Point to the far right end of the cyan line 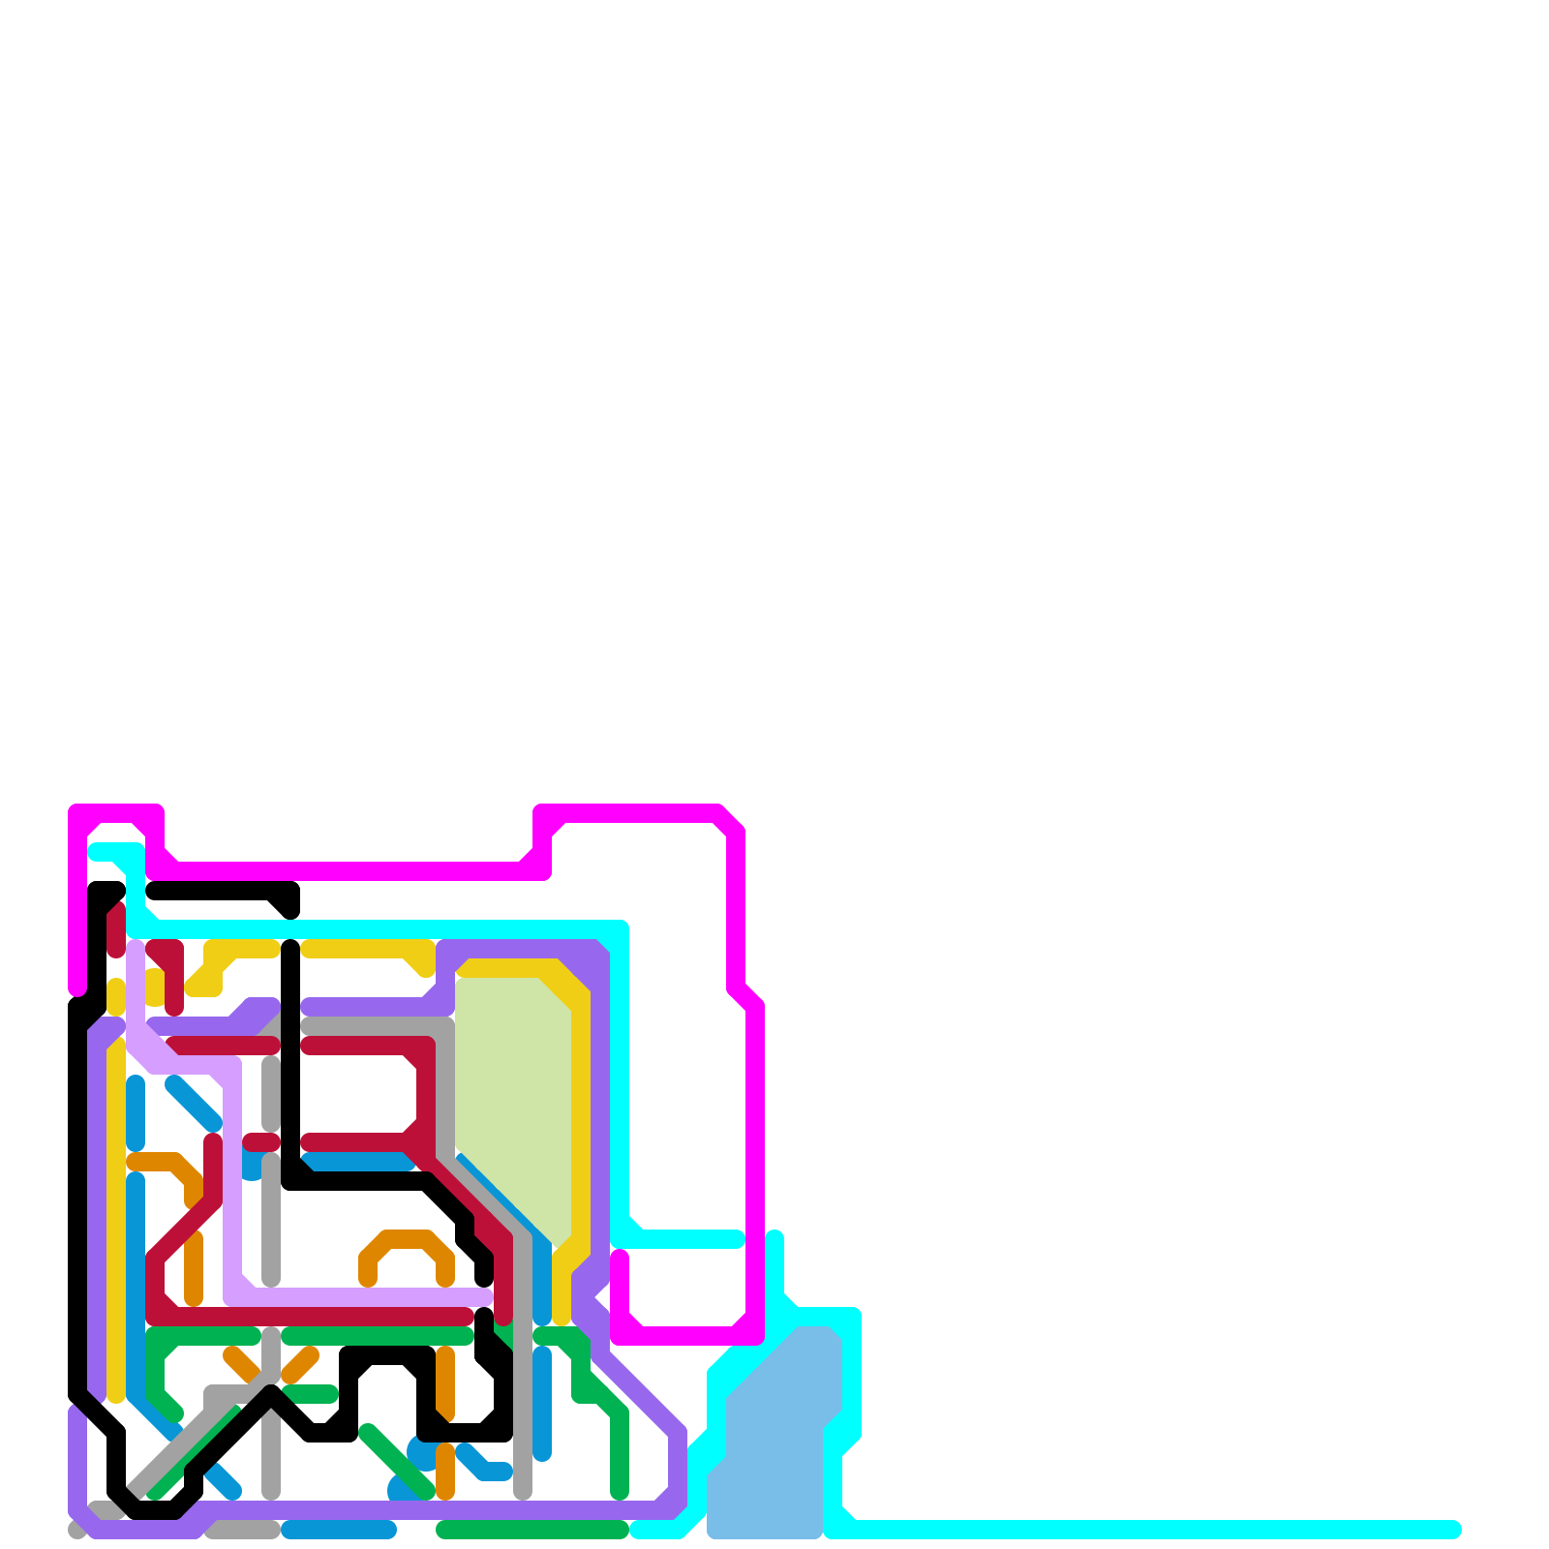click(x=1452, y=1530)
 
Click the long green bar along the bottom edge click(x=532, y=1530)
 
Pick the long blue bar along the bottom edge click(x=339, y=1530)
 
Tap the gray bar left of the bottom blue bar click(x=242, y=1530)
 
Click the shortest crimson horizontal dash click(x=261, y=1142)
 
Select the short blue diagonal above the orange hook click(x=194, y=1104)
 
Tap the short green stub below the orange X click(x=310, y=1394)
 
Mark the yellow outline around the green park click(x=581, y=1113)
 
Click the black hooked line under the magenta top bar click(x=223, y=891)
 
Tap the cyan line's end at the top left click(x=95, y=852)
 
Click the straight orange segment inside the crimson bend click(x=194, y=1268)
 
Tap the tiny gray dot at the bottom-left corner click(x=76, y=1530)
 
